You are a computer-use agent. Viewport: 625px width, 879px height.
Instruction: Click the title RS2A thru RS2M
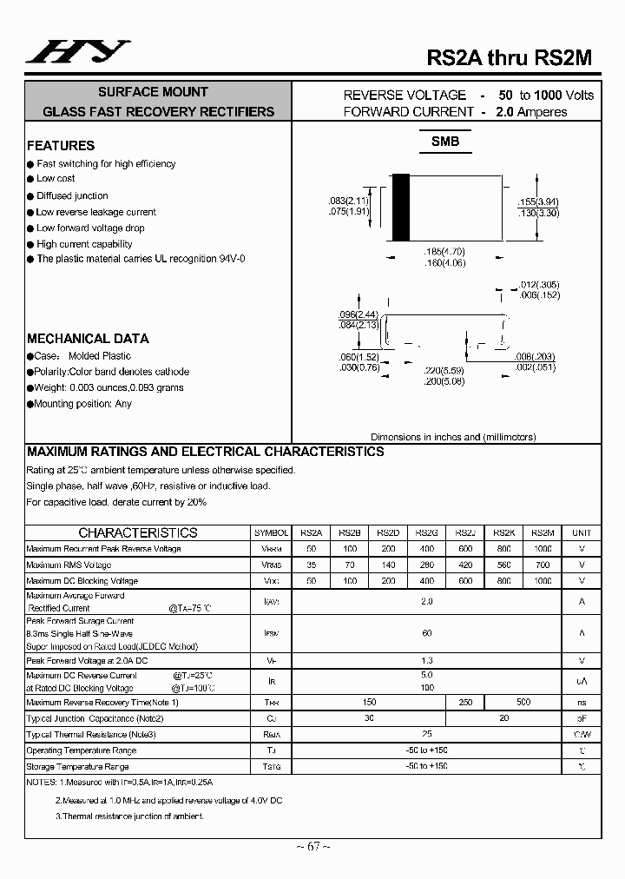coord(509,57)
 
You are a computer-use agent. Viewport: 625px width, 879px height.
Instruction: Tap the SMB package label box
coord(445,142)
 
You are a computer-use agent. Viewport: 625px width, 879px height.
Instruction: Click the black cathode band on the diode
coord(400,207)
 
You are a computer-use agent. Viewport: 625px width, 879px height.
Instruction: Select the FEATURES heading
coord(61,146)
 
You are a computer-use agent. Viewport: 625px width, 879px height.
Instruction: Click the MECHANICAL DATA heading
coord(88,339)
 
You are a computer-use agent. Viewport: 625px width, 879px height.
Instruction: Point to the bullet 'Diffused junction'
coord(72,196)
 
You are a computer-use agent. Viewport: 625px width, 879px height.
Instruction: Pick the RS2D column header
coord(388,533)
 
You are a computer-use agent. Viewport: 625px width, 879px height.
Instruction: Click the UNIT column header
coord(581,533)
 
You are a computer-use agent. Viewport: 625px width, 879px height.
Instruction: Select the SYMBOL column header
coord(272,533)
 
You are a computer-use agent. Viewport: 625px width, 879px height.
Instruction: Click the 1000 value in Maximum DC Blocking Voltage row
coord(542,580)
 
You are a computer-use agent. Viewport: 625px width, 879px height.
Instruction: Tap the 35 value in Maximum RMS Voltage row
coord(312,565)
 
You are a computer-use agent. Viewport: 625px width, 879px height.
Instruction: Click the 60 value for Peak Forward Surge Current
coord(426,633)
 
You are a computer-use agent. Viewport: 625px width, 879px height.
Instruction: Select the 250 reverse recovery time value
coord(465,703)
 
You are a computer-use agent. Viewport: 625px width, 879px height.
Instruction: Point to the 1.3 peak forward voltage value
coord(426,661)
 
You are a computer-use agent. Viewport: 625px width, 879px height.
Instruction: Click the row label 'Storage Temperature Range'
coord(78,767)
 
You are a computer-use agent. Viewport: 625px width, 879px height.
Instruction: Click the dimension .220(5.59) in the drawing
coord(445,370)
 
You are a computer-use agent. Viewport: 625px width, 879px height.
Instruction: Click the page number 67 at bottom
coord(312,847)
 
